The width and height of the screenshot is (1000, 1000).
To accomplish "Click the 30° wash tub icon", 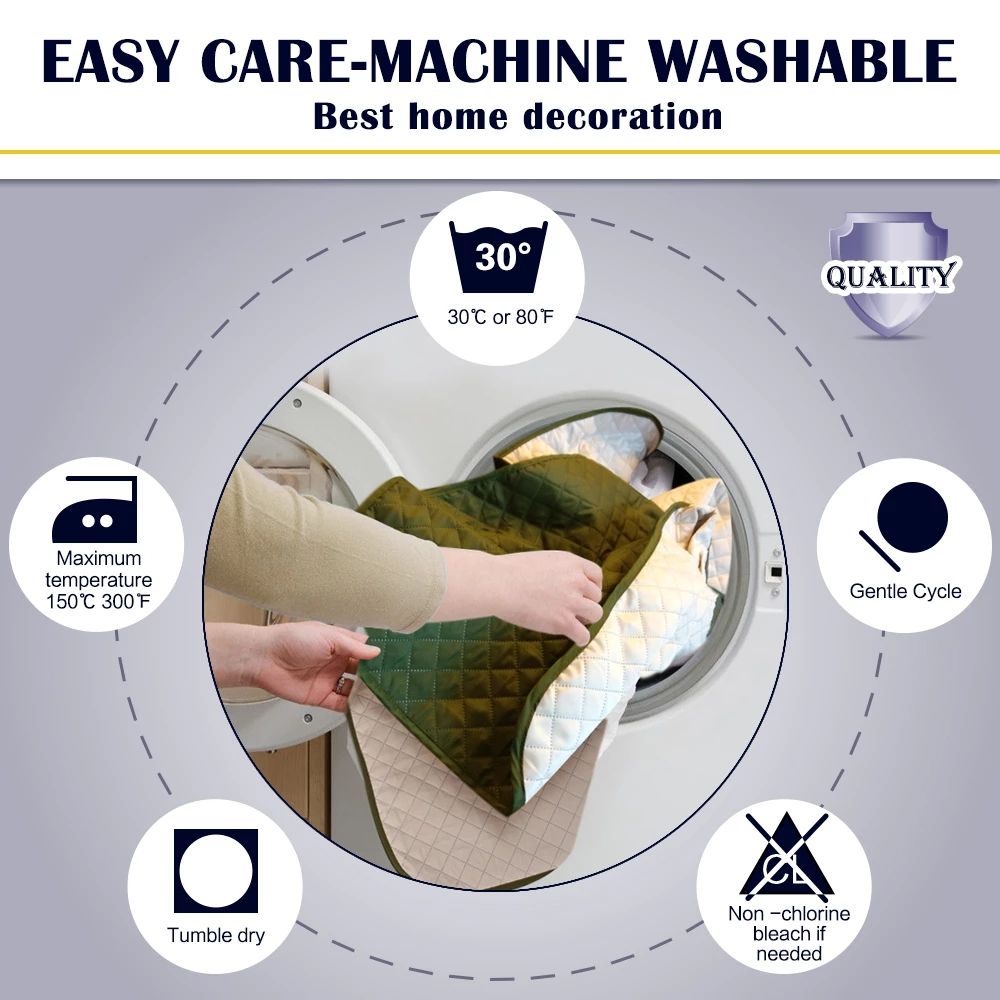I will pyautogui.click(x=497, y=256).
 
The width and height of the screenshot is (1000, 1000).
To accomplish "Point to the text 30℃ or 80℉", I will pyautogui.click(x=500, y=318).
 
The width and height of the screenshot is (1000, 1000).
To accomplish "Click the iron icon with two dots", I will pyautogui.click(x=96, y=509).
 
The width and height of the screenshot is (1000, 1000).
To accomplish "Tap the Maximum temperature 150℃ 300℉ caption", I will pyautogui.click(x=98, y=580).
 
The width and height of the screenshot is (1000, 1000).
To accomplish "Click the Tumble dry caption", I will pyautogui.click(x=216, y=936).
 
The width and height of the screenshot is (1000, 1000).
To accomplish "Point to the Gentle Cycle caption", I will pyautogui.click(x=905, y=591).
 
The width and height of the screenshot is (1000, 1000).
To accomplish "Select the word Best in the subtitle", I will pyautogui.click(x=356, y=116).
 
